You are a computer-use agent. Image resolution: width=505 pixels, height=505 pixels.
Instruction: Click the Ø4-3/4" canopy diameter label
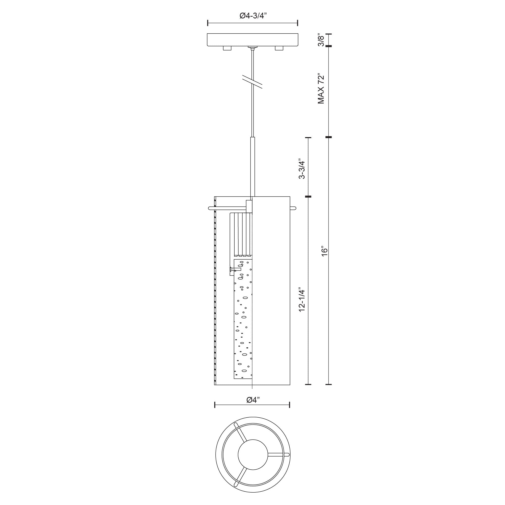tap(253, 16)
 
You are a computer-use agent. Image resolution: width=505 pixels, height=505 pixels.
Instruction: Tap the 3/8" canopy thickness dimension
tap(321, 40)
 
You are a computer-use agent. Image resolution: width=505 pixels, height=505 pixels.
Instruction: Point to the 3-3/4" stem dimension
tap(302, 168)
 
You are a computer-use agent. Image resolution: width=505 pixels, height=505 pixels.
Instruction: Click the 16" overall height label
tap(324, 251)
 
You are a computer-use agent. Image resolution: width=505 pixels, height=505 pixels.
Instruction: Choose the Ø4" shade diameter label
tap(252, 400)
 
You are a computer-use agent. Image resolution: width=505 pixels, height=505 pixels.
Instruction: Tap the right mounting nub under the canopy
tap(279, 48)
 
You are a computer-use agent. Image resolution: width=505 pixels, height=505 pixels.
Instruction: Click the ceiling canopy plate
tap(252, 40)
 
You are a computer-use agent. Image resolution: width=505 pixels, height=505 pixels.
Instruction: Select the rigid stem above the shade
tap(252, 167)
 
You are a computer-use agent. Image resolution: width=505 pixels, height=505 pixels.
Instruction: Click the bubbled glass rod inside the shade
tap(243, 321)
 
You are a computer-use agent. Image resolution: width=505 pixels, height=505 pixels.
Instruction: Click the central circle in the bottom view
tap(253, 455)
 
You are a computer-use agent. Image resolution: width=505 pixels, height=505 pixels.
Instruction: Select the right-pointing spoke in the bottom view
tap(278, 455)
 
